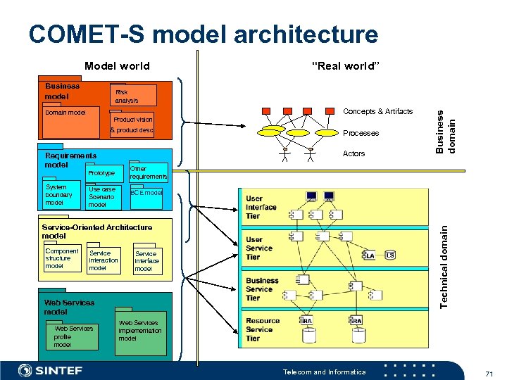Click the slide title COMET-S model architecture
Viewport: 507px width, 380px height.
(203, 34)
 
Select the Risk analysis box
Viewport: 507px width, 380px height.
(132, 96)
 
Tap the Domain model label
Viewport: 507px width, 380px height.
(65, 113)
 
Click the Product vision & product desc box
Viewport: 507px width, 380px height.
(132, 125)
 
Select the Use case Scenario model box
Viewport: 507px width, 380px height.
(104, 197)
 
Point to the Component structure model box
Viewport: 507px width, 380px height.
(62, 259)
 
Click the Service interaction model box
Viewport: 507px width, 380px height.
(104, 260)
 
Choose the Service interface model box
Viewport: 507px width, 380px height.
(147, 261)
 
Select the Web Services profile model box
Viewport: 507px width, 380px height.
(72, 336)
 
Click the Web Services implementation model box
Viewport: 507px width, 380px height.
(141, 330)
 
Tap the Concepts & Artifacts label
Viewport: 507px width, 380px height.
(377, 111)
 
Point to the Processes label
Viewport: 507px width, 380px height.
(361, 133)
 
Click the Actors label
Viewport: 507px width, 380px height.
(353, 153)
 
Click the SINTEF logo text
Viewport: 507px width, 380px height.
(59, 370)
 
